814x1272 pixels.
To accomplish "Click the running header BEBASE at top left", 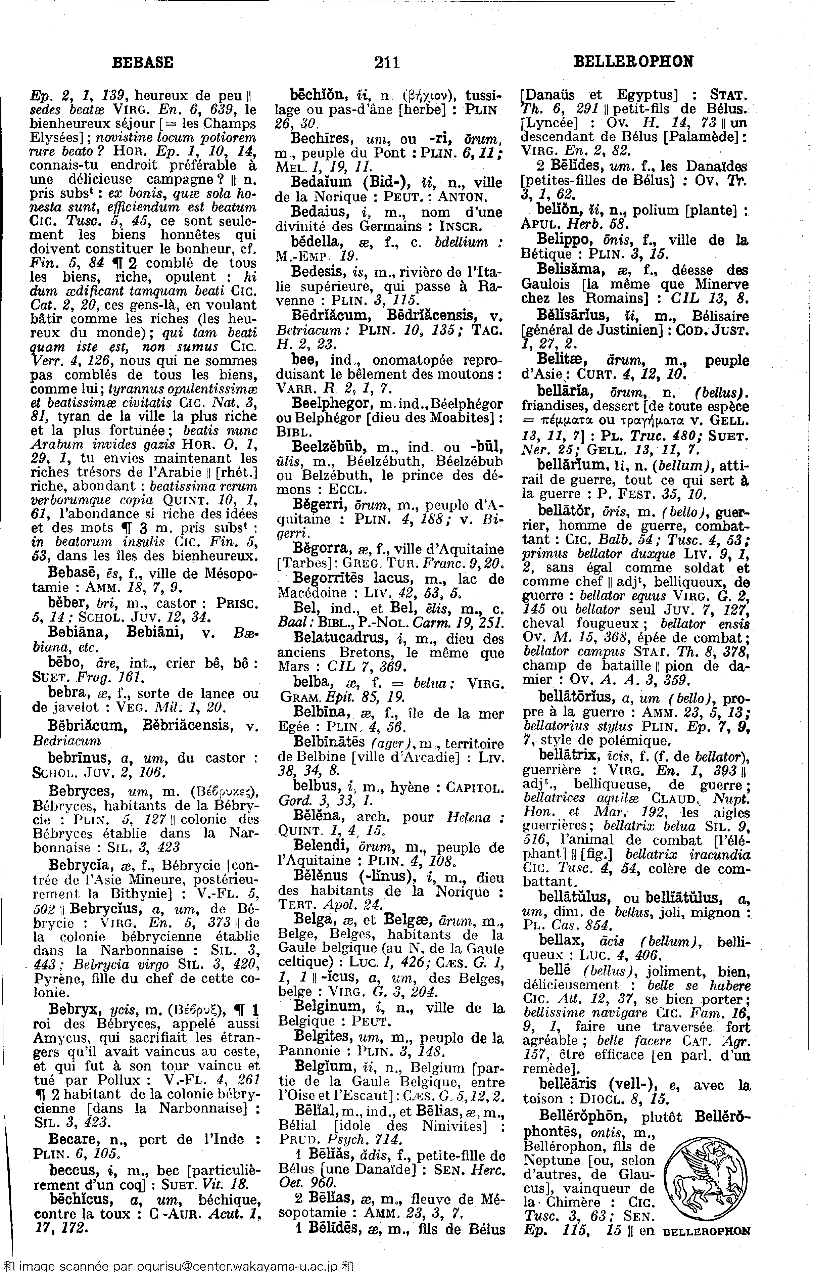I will click(143, 62).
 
